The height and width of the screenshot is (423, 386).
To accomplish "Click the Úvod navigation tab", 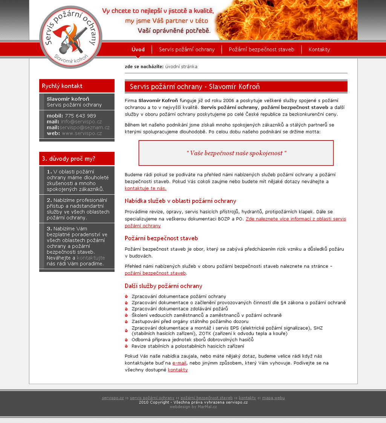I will click(138, 49).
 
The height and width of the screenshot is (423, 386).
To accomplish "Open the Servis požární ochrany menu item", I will click(187, 49).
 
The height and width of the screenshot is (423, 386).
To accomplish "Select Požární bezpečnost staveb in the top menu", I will click(261, 49).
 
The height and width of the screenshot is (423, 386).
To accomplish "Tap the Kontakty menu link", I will click(319, 49).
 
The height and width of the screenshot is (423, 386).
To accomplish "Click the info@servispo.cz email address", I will click(81, 122).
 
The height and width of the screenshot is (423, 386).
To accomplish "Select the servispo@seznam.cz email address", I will click(84, 128).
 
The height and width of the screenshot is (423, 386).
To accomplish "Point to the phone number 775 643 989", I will click(80, 116).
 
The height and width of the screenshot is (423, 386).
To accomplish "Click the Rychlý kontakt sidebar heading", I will click(62, 86).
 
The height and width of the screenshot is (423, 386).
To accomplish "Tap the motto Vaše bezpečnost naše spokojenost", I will click(236, 153).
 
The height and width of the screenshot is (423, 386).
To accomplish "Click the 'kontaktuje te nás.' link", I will click(146, 188).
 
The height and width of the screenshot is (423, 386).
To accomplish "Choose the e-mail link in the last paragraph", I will click(179, 363).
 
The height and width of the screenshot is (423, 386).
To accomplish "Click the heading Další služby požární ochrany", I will click(163, 286).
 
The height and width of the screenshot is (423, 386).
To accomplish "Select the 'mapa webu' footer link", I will click(273, 398).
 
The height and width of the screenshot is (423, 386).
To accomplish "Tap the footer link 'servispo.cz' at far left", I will click(113, 398).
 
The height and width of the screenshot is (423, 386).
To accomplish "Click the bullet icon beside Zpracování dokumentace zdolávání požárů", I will click(127, 309).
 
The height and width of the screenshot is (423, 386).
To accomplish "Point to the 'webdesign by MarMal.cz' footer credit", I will click(193, 407).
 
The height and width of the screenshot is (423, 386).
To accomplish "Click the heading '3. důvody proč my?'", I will click(69, 159).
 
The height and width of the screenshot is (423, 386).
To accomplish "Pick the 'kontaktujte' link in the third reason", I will click(91, 258).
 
